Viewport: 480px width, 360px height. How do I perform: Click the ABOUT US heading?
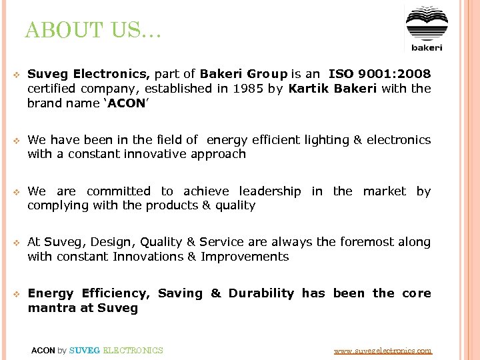(93, 31)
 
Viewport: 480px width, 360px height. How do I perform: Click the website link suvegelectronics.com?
(382, 350)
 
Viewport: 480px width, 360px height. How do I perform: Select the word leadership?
(270, 191)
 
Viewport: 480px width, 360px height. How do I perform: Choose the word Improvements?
(245, 257)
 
